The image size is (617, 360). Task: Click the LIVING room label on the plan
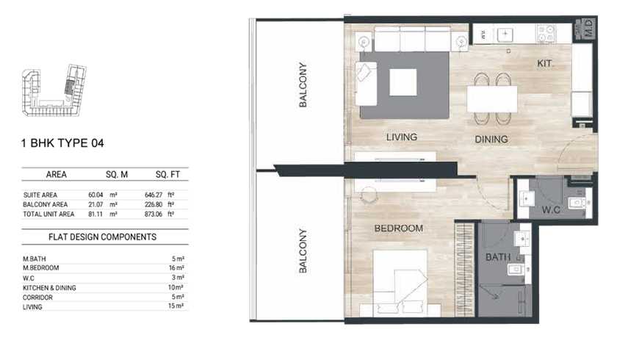click(401, 137)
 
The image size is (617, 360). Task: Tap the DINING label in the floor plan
click(491, 140)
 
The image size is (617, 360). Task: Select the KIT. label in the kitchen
click(544, 63)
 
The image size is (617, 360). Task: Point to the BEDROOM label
click(399, 228)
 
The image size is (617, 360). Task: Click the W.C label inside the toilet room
click(551, 209)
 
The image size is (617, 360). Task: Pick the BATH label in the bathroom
click(498, 257)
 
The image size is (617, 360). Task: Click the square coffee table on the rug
click(403, 82)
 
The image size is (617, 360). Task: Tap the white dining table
click(492, 99)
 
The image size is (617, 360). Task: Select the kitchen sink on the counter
click(505, 35)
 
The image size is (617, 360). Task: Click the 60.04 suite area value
click(95, 195)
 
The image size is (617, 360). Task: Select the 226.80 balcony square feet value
click(154, 204)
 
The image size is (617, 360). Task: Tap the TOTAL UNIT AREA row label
click(48, 214)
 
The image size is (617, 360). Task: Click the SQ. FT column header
click(167, 175)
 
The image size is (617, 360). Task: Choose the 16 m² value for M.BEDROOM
click(176, 268)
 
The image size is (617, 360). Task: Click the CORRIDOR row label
click(37, 298)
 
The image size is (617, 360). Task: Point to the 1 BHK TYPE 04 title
click(62, 143)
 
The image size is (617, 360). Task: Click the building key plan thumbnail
click(54, 90)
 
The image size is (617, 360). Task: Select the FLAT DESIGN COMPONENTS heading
click(102, 237)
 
